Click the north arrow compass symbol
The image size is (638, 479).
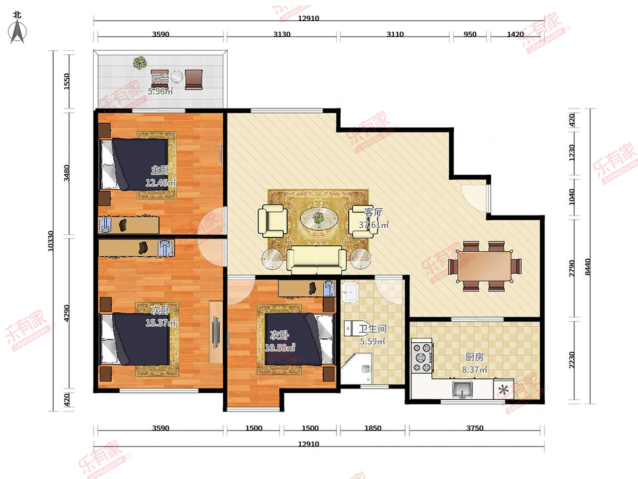point(17,31)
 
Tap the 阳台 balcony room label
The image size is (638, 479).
point(160,79)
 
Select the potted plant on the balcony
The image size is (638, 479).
point(140,62)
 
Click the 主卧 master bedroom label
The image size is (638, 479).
point(160,170)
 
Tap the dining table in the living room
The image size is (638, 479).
point(485,266)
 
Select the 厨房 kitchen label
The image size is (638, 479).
point(474,357)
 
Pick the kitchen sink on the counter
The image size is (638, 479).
point(462,390)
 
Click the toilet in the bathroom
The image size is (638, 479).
point(356,328)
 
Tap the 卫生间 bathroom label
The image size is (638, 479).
point(373,329)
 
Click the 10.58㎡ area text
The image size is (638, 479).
point(280,347)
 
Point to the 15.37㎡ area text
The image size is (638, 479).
point(161,323)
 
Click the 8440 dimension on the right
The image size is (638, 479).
point(587,267)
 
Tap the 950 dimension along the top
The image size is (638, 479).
point(469,34)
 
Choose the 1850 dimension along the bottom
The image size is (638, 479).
point(373,428)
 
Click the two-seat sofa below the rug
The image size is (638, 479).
point(316,260)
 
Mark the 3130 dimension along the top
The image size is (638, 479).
point(282,34)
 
